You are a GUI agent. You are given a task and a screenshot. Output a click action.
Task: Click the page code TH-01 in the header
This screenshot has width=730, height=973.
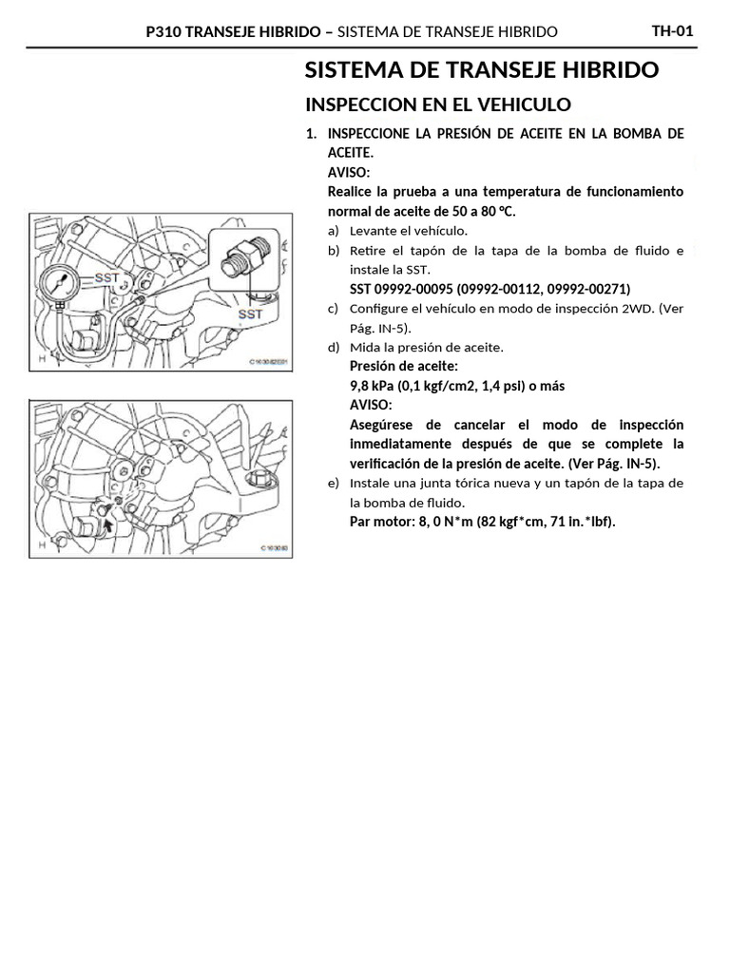coord(672,31)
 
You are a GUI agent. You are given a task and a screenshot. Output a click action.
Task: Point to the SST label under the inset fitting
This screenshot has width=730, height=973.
coord(250,314)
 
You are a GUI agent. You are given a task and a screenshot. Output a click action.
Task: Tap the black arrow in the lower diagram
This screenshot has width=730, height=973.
coord(106,522)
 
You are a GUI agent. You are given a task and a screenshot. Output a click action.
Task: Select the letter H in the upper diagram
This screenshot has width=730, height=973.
coord(41,359)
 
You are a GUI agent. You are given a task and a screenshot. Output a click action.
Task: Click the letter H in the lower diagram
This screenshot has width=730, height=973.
coord(41,544)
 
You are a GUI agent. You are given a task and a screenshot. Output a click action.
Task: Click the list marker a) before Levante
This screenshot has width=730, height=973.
coord(333,231)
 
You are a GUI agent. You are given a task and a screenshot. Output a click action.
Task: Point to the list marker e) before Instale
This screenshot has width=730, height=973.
coord(333,484)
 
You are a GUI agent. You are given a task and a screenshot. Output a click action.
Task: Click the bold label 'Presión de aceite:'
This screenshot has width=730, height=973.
coord(404,366)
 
